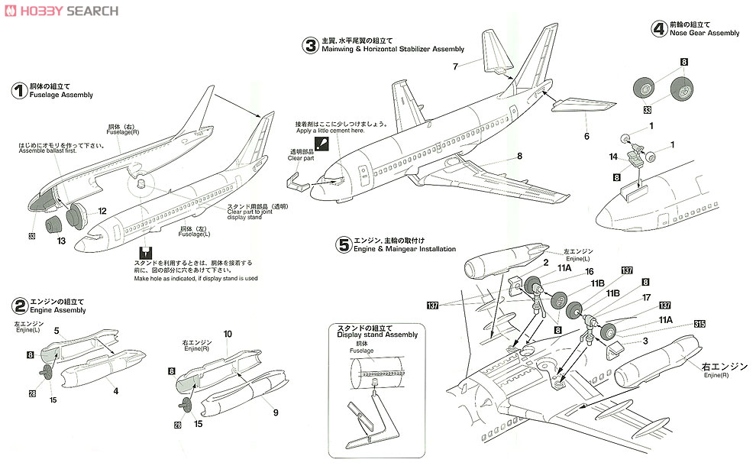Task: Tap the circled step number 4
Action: [657, 28]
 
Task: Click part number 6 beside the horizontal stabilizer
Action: [587, 136]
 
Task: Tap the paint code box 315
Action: [700, 324]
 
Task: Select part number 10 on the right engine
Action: [228, 335]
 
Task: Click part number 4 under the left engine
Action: [117, 391]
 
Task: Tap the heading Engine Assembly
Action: [58, 310]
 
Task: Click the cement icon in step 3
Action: [324, 143]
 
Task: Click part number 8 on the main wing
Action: [519, 156]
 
